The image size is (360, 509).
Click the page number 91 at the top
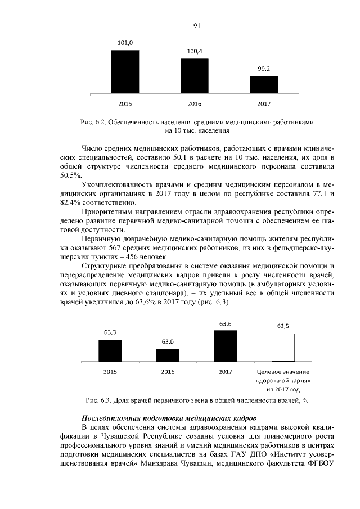197,25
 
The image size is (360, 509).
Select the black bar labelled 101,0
125,72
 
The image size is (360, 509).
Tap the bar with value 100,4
195,76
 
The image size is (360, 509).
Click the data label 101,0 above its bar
125,43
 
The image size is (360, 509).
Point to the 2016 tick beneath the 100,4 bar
195,104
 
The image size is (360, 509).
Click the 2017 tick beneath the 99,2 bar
264,104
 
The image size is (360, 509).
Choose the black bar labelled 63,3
110,350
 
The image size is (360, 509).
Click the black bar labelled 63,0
168,355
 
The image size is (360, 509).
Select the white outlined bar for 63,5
283,348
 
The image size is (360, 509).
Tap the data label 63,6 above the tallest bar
226,323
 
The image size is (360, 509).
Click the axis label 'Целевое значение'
283,372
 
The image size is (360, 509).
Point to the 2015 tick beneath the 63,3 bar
110,372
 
